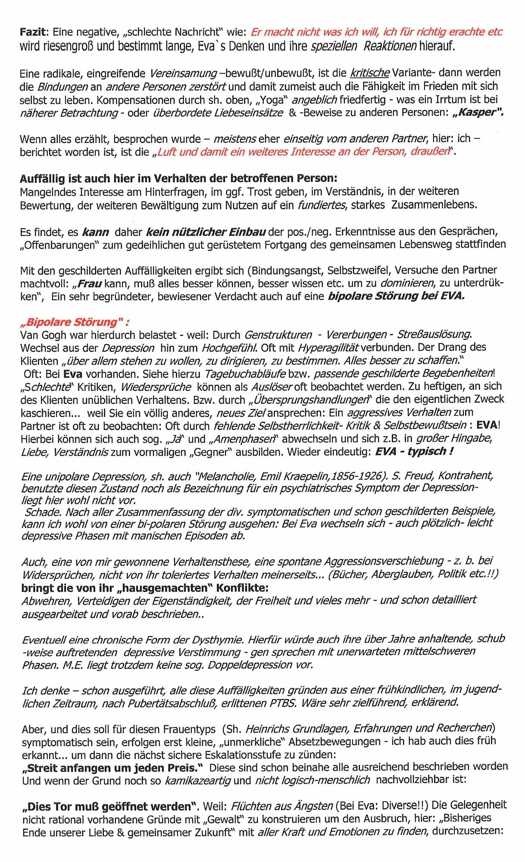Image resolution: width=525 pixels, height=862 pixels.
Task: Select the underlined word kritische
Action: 370,72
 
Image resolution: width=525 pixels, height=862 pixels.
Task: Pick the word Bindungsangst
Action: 288,271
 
